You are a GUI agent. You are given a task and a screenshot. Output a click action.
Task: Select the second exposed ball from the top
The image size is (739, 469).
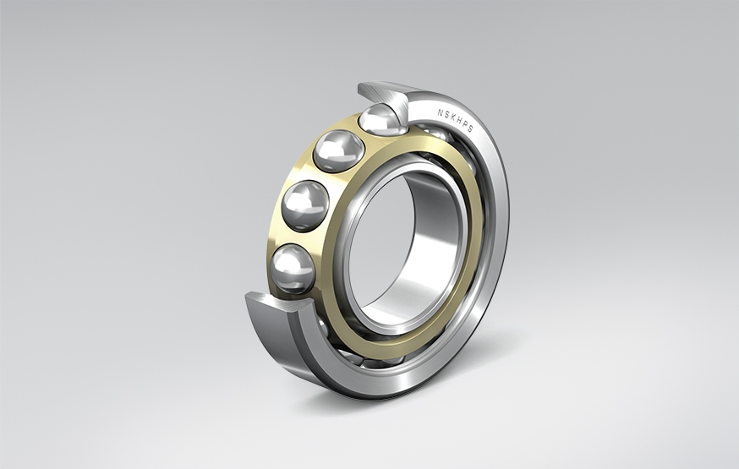[338, 152]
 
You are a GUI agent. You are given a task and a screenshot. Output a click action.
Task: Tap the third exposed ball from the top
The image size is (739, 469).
[305, 205]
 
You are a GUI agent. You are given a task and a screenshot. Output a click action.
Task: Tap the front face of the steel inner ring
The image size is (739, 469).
[352, 279]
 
